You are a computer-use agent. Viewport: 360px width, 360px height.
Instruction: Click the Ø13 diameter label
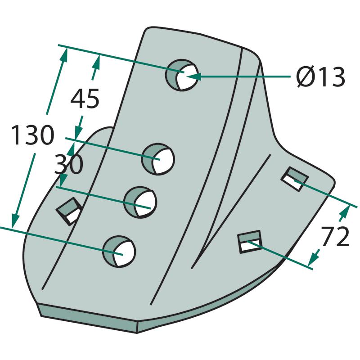pyautogui.click(x=321, y=77)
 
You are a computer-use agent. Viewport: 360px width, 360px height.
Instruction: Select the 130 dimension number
pyautogui.click(x=33, y=135)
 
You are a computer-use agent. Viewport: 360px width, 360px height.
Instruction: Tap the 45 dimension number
pyautogui.click(x=85, y=99)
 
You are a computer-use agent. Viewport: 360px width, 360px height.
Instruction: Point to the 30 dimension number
pyautogui.click(x=69, y=164)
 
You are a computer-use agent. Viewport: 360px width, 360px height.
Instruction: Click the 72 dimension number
pyautogui.click(x=335, y=236)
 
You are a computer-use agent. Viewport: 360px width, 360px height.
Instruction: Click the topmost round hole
pyautogui.click(x=182, y=75)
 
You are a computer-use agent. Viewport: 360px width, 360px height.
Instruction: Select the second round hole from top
pyautogui.click(x=158, y=159)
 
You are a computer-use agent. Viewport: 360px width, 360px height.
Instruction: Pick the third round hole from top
pyautogui.click(x=140, y=202)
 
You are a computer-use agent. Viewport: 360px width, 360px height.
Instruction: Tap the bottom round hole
pyautogui.click(x=119, y=252)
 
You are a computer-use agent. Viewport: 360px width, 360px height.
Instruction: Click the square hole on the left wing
pyautogui.click(x=69, y=211)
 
